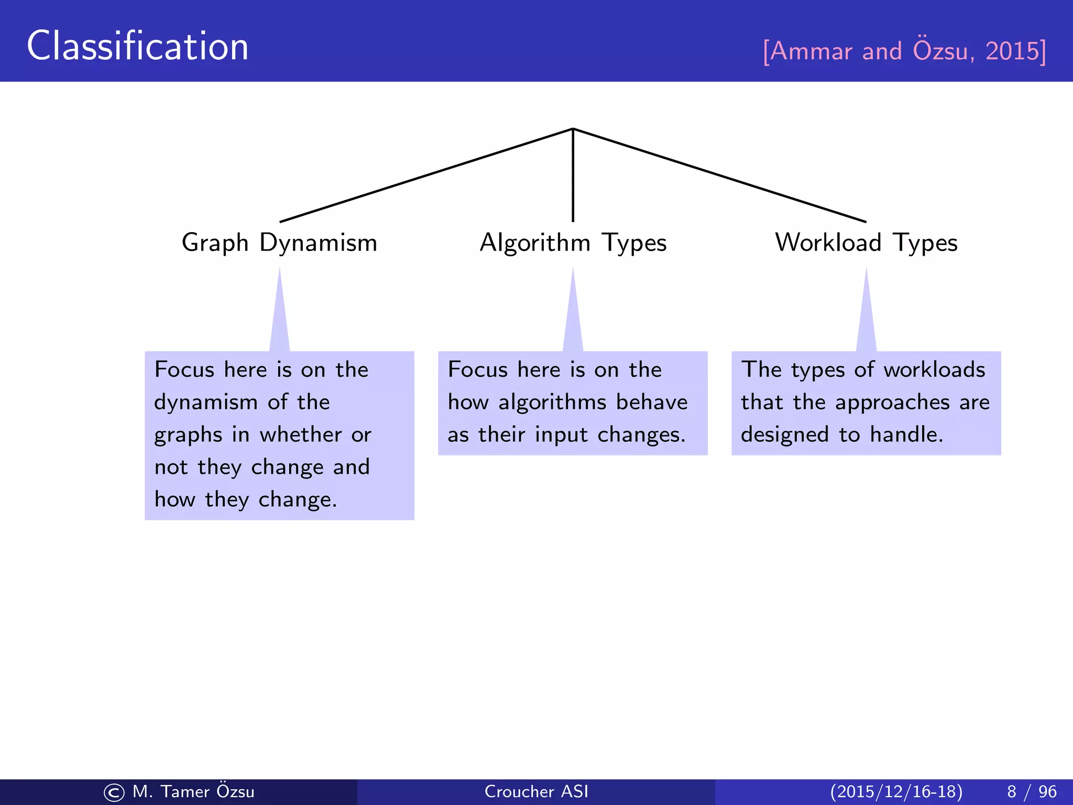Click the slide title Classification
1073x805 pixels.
[x=137, y=46]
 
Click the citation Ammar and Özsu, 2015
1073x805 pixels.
[x=904, y=51]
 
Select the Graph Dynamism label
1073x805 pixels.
[x=279, y=243]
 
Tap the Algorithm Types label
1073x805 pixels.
[x=573, y=243]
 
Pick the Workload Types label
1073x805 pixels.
[x=866, y=243]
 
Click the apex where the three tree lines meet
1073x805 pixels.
[x=573, y=129]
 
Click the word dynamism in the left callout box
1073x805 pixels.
[x=205, y=402]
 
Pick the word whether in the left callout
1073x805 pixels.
[x=301, y=435]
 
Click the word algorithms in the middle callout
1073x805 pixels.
[x=552, y=402]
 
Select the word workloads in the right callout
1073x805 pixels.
[x=934, y=370]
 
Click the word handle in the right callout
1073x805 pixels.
[x=906, y=435]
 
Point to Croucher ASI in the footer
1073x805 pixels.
[x=536, y=791]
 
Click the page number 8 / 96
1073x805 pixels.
[x=1031, y=791]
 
